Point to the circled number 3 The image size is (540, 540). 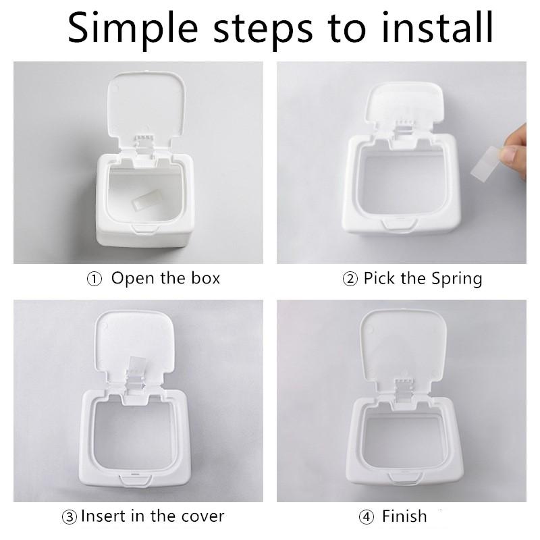coord(70,518)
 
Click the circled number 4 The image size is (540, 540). coord(366,518)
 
